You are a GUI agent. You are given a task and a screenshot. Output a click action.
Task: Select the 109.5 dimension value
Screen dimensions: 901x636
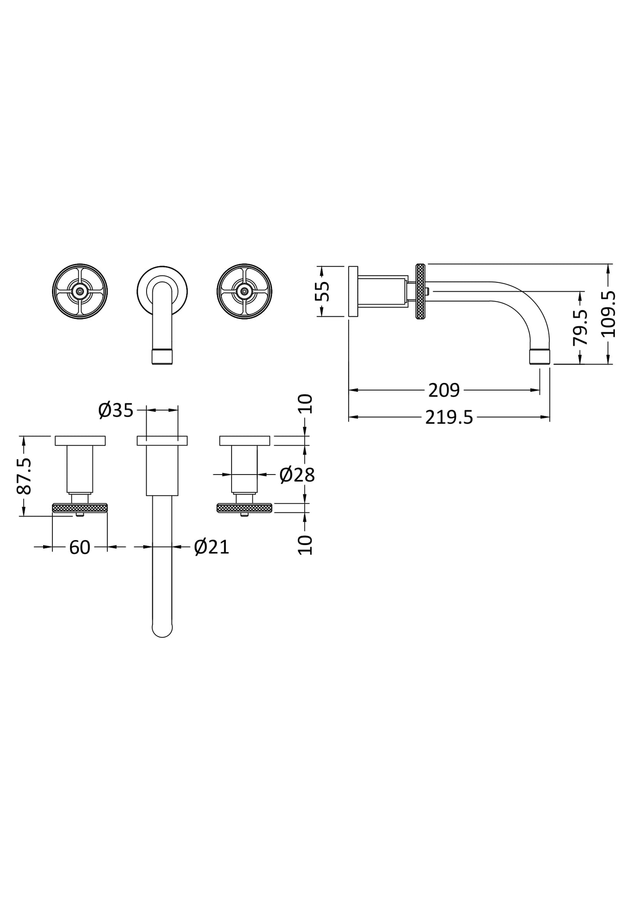[610, 314]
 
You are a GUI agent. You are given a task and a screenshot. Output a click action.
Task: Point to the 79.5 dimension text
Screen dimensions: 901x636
[581, 327]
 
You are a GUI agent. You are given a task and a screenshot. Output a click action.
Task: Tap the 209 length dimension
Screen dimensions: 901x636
[444, 390]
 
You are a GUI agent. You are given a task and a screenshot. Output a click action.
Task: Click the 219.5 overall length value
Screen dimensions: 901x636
[449, 417]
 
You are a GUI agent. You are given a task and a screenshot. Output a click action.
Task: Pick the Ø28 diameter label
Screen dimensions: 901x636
[297, 475]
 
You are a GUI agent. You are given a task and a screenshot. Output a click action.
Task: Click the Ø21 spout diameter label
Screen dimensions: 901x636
[212, 547]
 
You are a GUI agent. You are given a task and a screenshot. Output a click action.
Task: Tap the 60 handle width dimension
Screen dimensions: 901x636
[80, 548]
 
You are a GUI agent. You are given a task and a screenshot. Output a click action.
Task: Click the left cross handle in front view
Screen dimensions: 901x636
[80, 291]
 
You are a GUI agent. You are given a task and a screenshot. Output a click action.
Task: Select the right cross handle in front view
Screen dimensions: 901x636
[244, 291]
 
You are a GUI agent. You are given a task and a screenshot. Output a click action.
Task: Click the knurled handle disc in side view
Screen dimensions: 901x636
[420, 291]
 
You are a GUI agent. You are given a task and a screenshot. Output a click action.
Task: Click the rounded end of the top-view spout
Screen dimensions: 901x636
[162, 630]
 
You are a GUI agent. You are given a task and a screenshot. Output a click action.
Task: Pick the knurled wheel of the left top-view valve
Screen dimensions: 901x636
[80, 508]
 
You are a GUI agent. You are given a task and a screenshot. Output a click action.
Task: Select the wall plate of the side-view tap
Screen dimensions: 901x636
[353, 291]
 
